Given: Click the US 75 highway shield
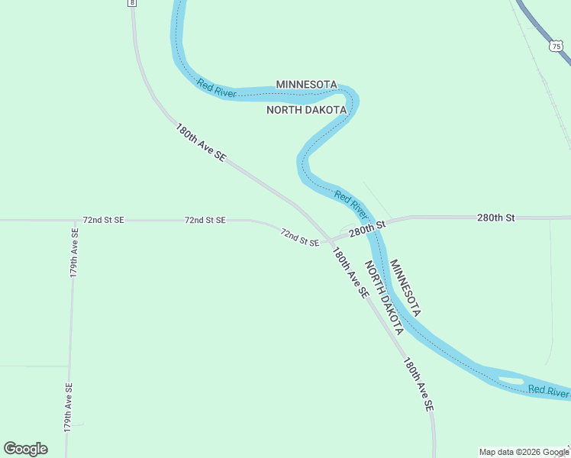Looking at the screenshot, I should [x=555, y=46].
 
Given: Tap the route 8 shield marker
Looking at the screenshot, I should [x=133, y=3].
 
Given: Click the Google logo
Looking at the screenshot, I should [x=25, y=449].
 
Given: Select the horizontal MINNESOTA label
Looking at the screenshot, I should [x=306, y=84].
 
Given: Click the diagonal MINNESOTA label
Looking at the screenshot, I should [x=405, y=288].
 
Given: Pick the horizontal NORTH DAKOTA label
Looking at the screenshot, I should [x=306, y=110].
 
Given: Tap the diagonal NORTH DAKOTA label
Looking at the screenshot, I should [x=383, y=297].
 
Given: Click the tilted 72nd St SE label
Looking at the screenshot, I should [x=299, y=237].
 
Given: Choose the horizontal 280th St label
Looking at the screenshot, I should [x=496, y=218].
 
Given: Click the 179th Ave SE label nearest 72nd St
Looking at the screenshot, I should [x=75, y=252].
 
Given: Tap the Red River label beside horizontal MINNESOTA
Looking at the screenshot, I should [x=216, y=89].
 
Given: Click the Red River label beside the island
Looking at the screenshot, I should [x=548, y=391].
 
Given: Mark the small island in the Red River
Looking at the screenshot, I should [x=511, y=379].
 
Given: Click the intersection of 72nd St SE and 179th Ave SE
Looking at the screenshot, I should [x=75, y=220].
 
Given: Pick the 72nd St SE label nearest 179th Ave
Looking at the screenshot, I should [x=103, y=220].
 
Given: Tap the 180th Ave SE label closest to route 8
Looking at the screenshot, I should [x=201, y=142].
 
